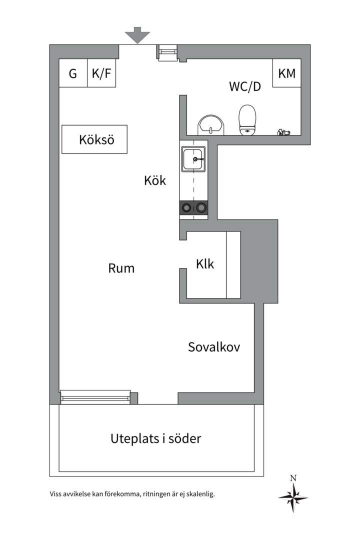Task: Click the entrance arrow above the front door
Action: pyautogui.click(x=137, y=35)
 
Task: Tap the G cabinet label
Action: pyautogui.click(x=73, y=73)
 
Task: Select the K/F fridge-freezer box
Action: pyautogui.click(x=101, y=73)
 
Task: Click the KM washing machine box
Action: pyautogui.click(x=286, y=73)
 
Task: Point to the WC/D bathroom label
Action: pyautogui.click(x=245, y=86)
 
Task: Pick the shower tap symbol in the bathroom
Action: pyautogui.click(x=283, y=132)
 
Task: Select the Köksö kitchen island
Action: pyautogui.click(x=94, y=139)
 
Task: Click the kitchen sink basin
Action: pyautogui.click(x=193, y=159)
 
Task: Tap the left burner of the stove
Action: pyautogui.click(x=186, y=208)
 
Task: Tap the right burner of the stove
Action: pyautogui.click(x=201, y=208)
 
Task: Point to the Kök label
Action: pyautogui.click(x=154, y=181)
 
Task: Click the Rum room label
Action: pyautogui.click(x=121, y=268)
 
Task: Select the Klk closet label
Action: pyautogui.click(x=205, y=263)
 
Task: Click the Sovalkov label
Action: pyautogui.click(x=213, y=346)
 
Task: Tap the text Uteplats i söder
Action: pyautogui.click(x=155, y=439)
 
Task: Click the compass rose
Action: pyautogui.click(x=293, y=497)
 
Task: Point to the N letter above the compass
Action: pyautogui.click(x=293, y=478)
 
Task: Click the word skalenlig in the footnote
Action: pyautogui.click(x=199, y=494)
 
